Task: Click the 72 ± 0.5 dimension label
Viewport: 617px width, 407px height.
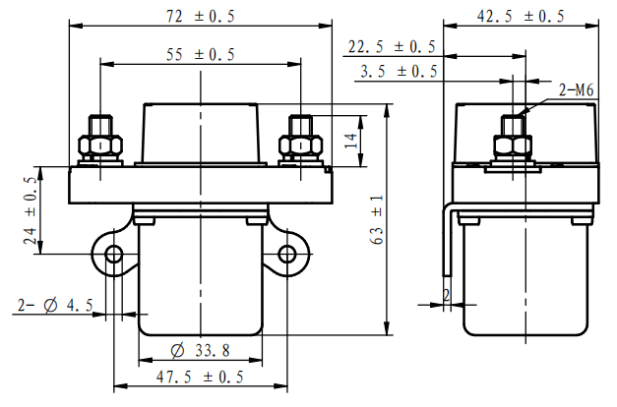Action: pos(201,16)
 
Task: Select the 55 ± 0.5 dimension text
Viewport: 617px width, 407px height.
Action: pos(201,55)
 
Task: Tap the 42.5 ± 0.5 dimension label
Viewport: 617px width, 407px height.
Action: pos(521,16)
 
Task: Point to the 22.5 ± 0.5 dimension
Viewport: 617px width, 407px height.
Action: pos(392,47)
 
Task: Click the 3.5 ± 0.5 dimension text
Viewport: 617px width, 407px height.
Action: pos(398,72)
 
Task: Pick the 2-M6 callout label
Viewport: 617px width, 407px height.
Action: pos(577,90)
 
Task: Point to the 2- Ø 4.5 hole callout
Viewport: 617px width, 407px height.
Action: pos(55,306)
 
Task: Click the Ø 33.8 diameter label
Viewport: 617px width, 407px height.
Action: pos(201,350)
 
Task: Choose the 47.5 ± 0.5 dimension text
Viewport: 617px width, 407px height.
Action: pos(201,377)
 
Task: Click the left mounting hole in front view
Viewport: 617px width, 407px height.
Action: pos(113,255)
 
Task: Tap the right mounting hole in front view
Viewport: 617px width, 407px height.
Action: pos(287,255)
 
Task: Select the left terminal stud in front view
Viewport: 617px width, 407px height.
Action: pos(99,140)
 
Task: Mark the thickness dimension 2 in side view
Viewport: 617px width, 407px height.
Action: pos(446,295)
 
